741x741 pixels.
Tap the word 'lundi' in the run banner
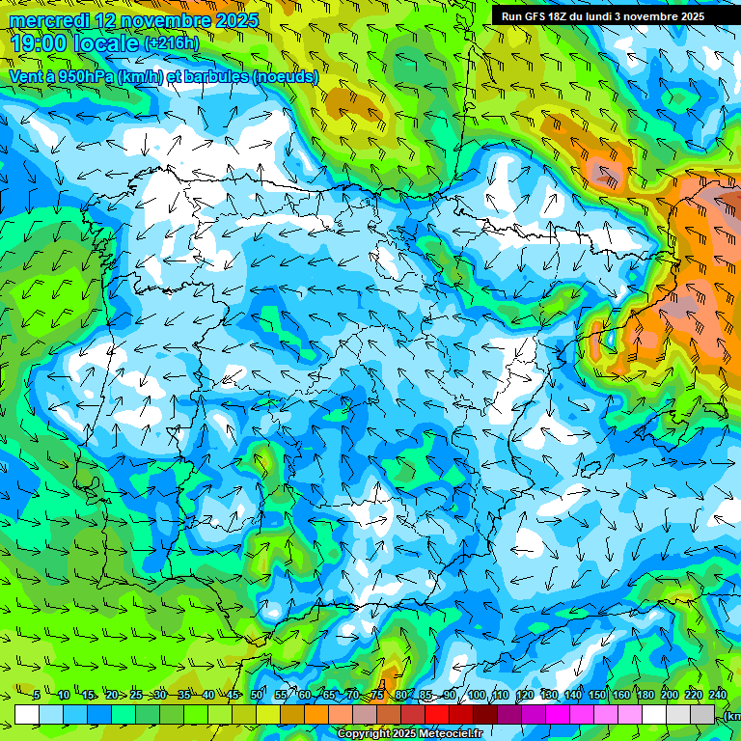605,16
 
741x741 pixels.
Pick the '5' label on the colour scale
36,696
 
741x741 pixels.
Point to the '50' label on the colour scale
257,696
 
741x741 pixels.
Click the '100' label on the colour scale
476,696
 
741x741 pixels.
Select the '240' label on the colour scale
718,696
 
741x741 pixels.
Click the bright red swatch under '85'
437,714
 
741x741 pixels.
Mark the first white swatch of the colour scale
27,714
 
